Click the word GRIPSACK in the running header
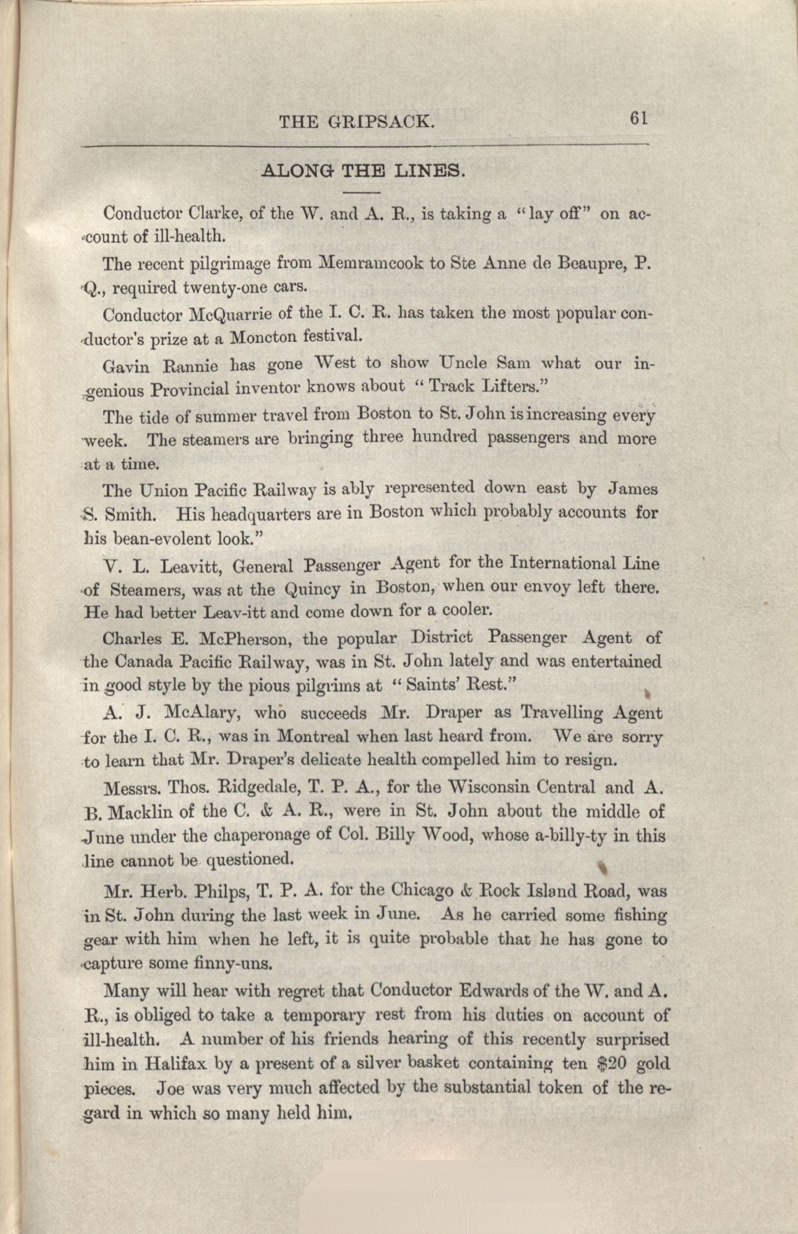pos(381,122)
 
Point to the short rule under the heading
pos(361,193)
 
